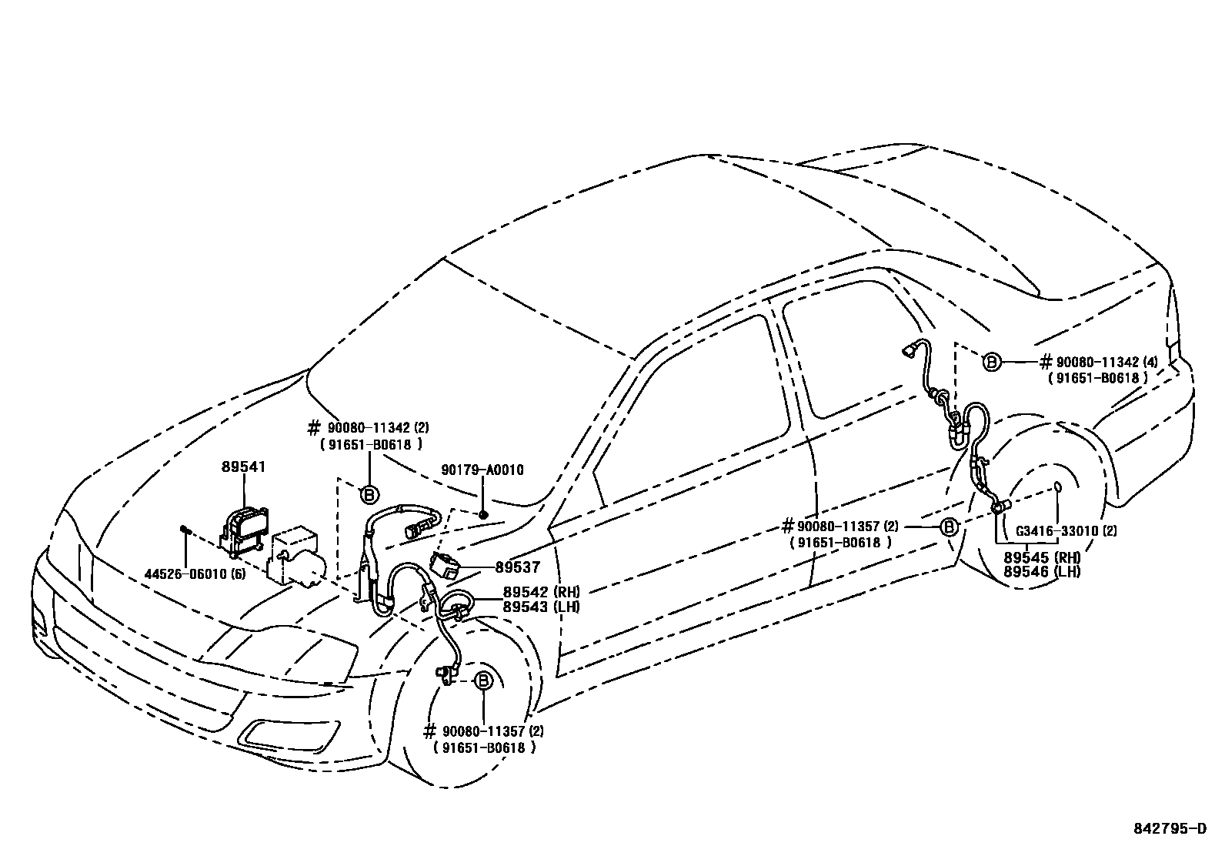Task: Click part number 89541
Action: [243, 466]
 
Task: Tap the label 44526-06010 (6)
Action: [195, 573]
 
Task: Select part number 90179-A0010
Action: [482, 470]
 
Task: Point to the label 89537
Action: [517, 567]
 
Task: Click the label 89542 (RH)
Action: [541, 592]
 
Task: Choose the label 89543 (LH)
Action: [541, 607]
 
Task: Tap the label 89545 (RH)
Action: [1042, 557]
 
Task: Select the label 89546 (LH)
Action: [1042, 572]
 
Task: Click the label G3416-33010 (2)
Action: [1066, 530]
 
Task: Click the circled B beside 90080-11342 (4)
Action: [992, 362]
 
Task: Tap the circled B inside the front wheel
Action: [482, 681]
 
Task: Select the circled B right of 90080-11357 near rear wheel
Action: [949, 527]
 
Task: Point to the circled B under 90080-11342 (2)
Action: [369, 495]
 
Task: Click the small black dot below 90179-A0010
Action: [483, 513]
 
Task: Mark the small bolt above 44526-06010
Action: [185, 530]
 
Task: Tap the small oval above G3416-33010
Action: [1057, 487]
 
